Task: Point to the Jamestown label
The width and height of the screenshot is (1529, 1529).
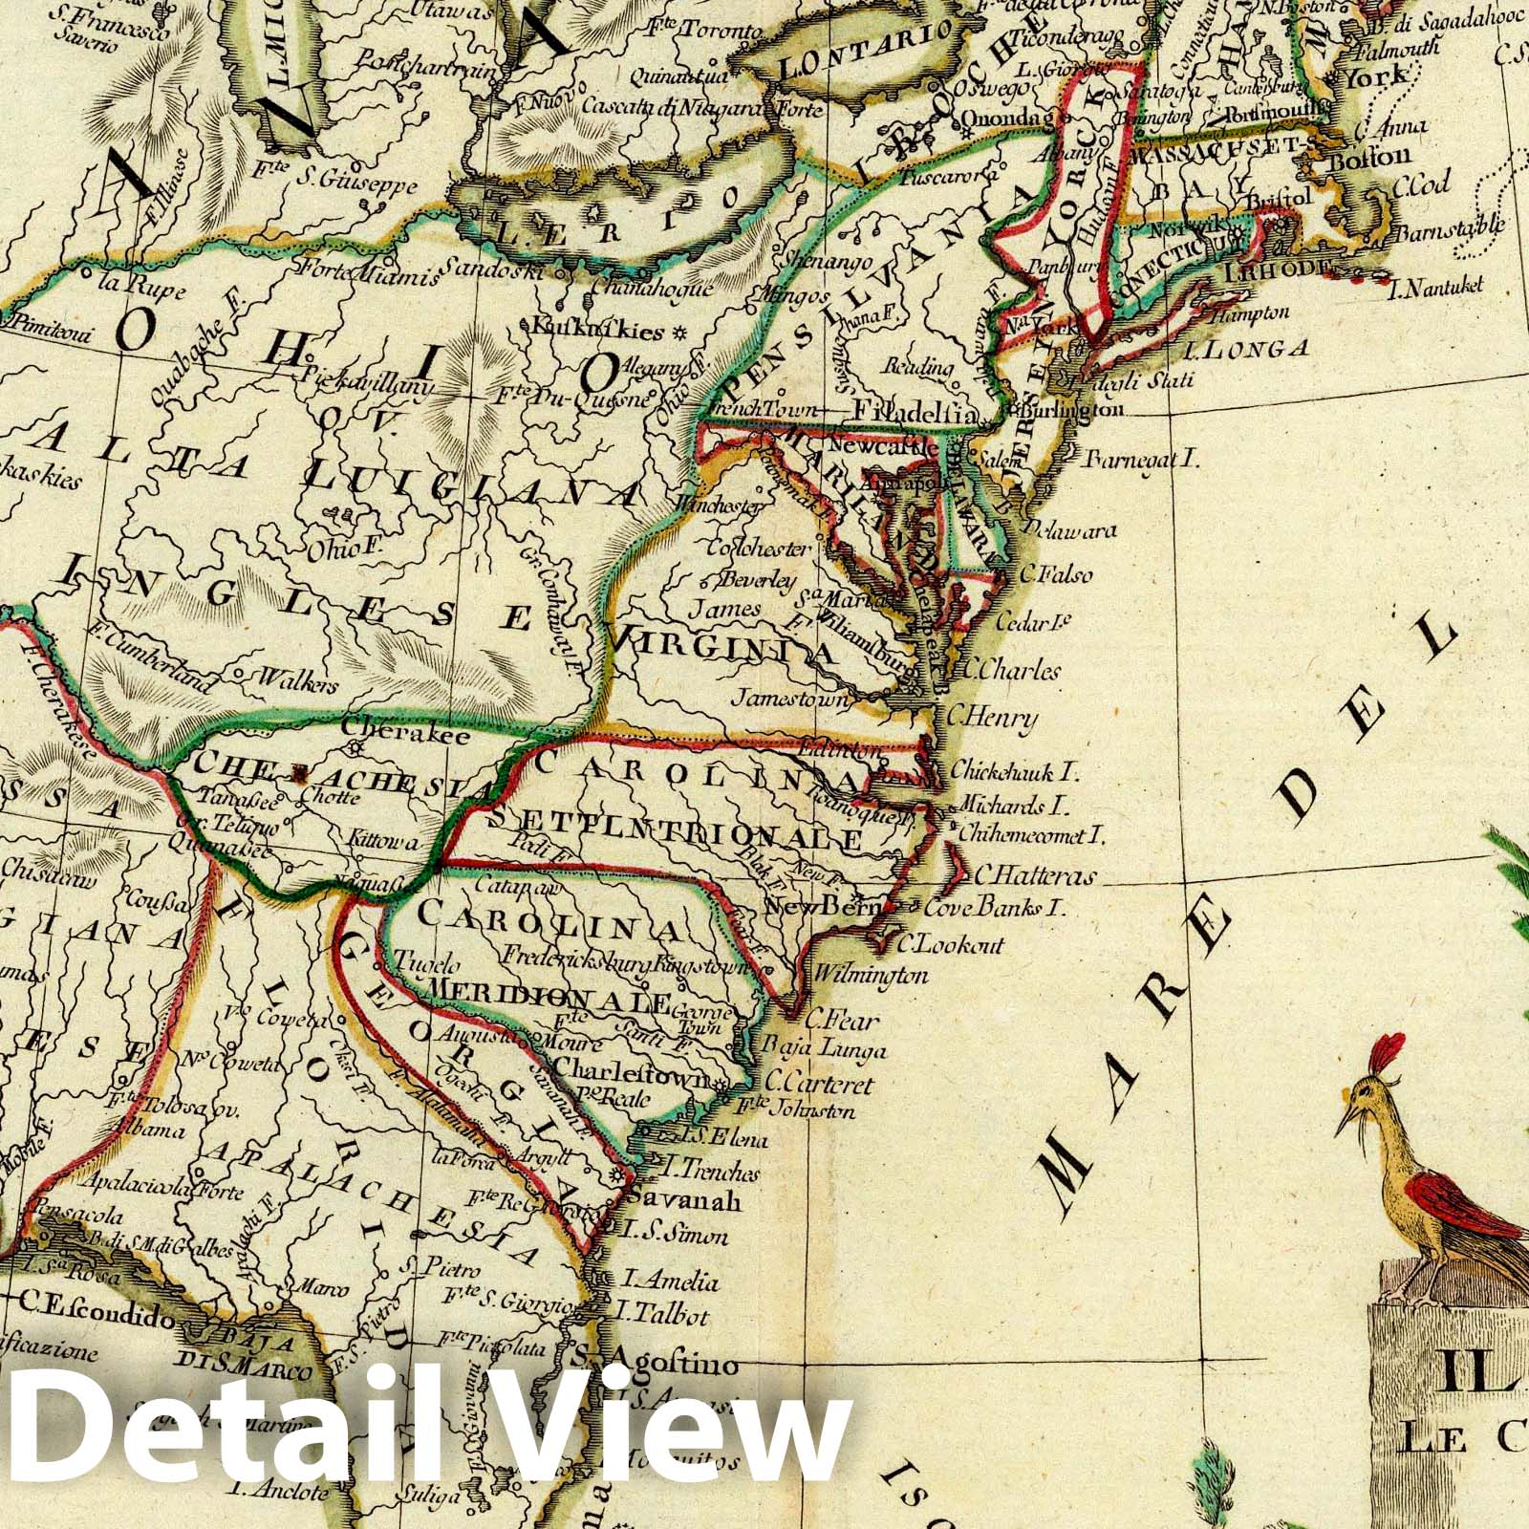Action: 790,700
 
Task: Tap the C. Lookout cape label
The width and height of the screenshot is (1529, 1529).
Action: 951,944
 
